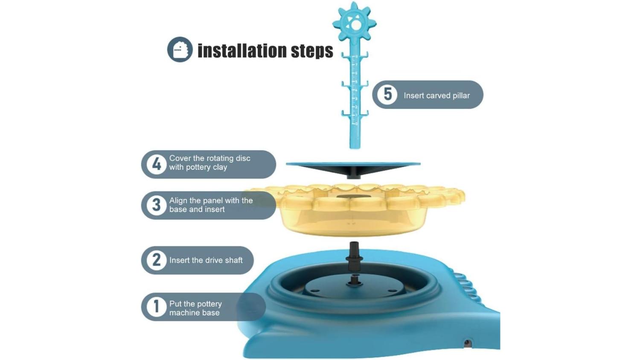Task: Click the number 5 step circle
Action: pos(387,94)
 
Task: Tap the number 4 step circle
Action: pos(156,164)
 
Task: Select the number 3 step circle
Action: pos(156,205)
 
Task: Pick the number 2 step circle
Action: pos(156,260)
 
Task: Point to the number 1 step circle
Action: pos(156,307)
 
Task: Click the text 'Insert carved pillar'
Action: pos(436,96)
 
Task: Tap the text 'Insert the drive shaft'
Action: pos(206,260)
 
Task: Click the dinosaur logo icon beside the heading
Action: pos(180,49)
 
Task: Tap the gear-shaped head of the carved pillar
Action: pos(354,23)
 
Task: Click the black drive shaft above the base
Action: pos(354,256)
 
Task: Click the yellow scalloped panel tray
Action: pos(354,210)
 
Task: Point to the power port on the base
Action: pos(467,343)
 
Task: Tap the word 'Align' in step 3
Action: pos(178,200)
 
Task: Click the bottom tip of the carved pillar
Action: pos(355,148)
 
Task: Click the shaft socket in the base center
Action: pos(354,281)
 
